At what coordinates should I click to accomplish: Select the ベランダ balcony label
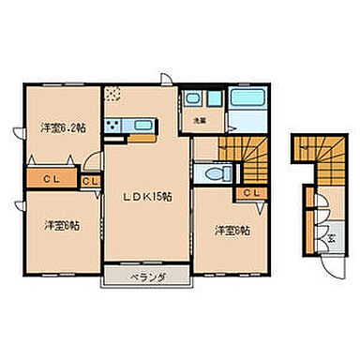pos(147,277)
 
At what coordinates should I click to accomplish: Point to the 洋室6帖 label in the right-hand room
pos(230,230)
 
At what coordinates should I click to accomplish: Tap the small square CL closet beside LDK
pos(91,181)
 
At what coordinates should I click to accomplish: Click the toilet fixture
pos(209,174)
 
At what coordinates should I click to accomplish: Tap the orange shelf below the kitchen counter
pos(141,138)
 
